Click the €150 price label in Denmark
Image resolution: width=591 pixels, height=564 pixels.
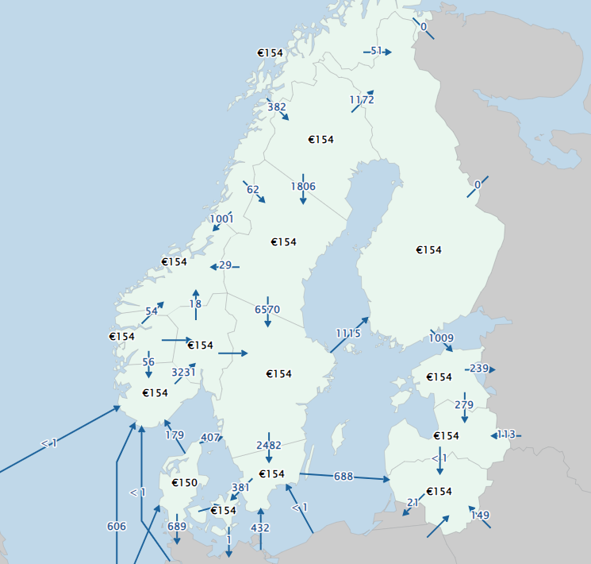[x=185, y=483]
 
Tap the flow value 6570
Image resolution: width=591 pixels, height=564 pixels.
[x=267, y=309]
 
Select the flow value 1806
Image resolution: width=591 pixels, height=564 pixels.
[x=303, y=187]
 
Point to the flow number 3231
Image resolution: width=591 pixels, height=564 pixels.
[x=184, y=371]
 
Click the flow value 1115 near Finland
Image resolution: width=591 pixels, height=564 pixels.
[x=347, y=334]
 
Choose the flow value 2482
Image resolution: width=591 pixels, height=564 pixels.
[x=269, y=446]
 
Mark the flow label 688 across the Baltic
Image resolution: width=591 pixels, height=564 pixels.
[x=343, y=476]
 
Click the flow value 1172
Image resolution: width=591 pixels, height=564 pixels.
[x=362, y=100]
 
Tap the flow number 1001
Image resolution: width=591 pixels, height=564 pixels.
[x=222, y=219]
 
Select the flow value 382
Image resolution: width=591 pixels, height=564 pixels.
[x=277, y=107]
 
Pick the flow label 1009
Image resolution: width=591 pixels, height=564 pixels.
[x=441, y=338]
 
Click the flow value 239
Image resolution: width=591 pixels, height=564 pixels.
[x=479, y=369]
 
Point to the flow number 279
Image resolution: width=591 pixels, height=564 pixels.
[x=464, y=405]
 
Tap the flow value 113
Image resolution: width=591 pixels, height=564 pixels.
[x=506, y=435]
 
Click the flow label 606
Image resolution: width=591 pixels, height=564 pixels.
[x=116, y=526]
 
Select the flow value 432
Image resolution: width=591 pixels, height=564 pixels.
[x=259, y=527]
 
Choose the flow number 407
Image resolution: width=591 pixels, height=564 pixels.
[x=210, y=438]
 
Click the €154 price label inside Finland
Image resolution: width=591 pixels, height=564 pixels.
[x=428, y=250]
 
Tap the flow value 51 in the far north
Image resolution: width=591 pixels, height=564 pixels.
[x=377, y=52]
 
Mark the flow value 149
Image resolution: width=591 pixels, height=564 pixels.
[x=481, y=516]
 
